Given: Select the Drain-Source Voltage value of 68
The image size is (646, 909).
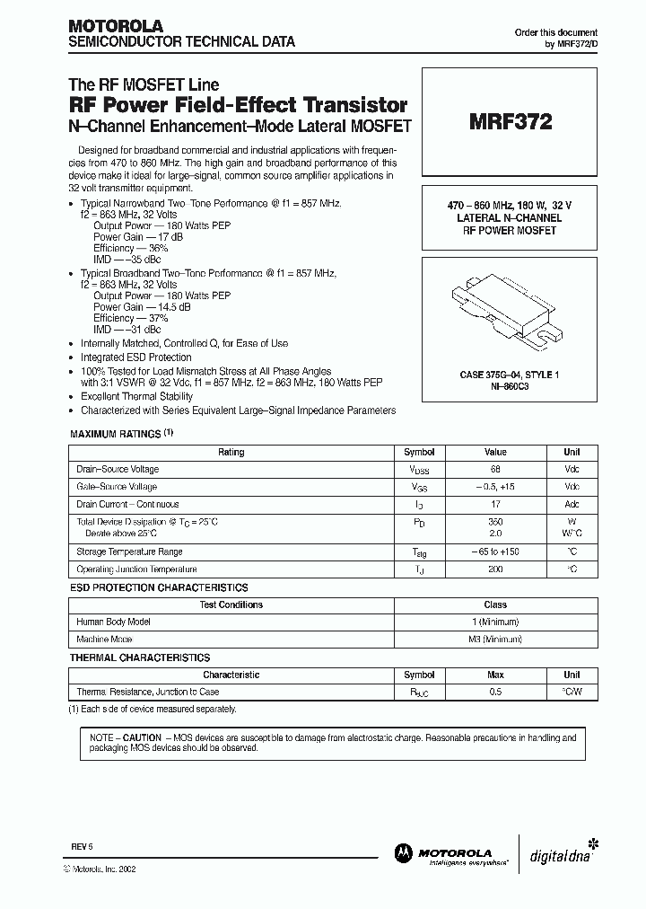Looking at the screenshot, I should click(495, 469).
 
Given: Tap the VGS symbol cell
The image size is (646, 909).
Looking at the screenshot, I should click(419, 487).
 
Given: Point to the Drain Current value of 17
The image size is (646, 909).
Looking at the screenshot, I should click(495, 504).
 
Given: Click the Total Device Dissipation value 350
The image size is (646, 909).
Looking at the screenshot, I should click(495, 521).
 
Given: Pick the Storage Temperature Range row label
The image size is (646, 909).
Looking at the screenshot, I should click(130, 552).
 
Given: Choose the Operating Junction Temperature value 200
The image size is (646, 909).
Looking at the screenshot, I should click(495, 569).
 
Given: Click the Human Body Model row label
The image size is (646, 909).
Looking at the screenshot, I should click(113, 622).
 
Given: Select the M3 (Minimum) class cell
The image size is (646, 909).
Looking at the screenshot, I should click(495, 639).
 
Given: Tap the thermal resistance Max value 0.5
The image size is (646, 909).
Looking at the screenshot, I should click(495, 692).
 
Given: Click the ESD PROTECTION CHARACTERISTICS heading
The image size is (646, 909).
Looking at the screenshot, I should click(159, 587).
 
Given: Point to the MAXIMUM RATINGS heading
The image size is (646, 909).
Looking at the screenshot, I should click(116, 435).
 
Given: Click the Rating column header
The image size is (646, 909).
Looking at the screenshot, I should click(231, 452).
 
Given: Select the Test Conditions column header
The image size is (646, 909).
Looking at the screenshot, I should click(231, 605).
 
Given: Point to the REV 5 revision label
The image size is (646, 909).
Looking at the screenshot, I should click(83, 847).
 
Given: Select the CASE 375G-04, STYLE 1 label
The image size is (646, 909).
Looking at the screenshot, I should click(508, 374).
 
